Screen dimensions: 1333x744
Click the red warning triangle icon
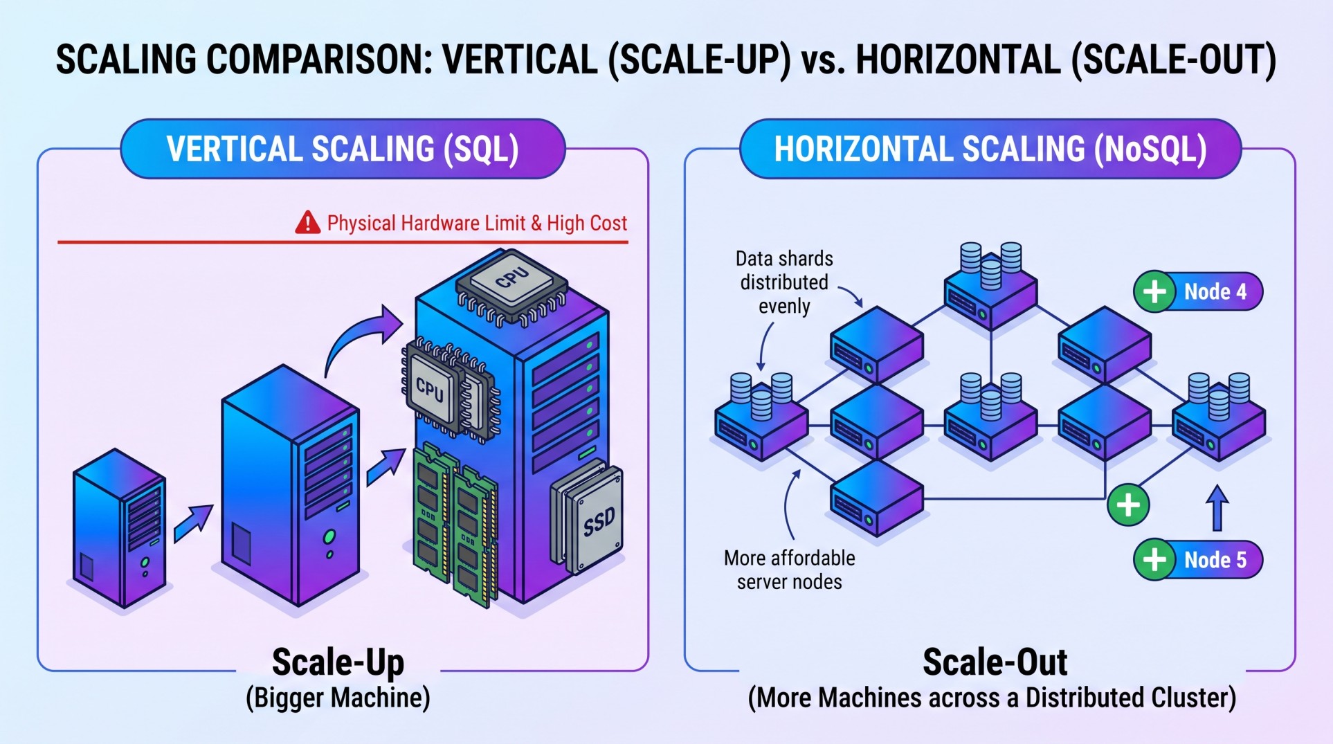(307, 223)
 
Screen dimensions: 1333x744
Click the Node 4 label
(1215, 291)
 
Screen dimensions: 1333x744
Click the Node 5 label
(1215, 559)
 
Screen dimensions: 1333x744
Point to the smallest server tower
(120, 527)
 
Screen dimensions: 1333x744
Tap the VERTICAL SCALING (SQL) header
(343, 149)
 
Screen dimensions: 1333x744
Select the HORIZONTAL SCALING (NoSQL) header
(990, 149)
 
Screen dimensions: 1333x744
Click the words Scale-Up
(338, 662)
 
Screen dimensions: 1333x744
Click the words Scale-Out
(995, 662)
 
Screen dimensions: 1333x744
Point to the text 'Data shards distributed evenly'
(784, 282)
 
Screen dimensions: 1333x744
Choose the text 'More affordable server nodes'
(790, 570)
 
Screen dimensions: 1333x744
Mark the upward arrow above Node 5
(1217, 507)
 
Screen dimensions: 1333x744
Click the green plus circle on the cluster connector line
(1128, 505)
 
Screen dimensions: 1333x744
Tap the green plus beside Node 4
(1154, 291)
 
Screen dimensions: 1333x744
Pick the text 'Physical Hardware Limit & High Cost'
(477, 223)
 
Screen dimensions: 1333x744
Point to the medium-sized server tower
(291, 484)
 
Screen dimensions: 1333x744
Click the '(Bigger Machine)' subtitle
(338, 698)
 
